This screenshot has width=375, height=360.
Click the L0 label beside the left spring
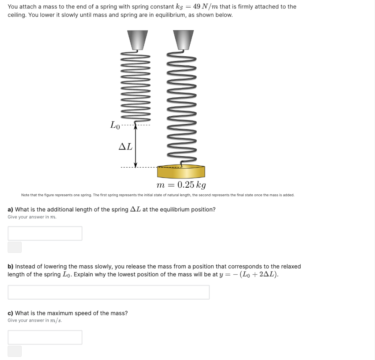115,125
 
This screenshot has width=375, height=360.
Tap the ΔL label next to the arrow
126,146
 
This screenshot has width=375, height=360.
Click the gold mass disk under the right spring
181,172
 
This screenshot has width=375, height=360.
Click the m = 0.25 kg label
181,185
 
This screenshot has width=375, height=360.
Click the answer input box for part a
45,233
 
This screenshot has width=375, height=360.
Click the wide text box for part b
108,292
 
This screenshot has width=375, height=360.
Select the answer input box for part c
45,337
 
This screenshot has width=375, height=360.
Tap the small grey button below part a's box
15,247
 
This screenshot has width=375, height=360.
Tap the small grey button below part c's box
15,351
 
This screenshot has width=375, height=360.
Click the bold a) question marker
11,210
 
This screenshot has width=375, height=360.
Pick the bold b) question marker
11,267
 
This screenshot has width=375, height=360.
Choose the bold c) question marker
11,313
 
